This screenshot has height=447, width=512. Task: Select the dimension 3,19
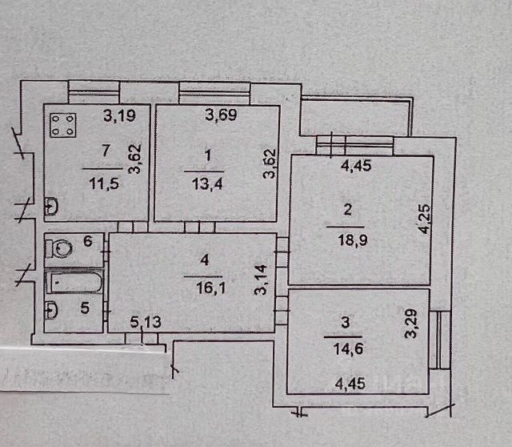pos(118,116)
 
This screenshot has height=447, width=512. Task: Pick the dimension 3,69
pos(221,116)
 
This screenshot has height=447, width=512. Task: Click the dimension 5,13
pos(145,322)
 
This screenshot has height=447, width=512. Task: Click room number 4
pos(205,260)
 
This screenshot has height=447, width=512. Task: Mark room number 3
pos(345,324)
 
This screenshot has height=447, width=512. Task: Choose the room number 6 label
pos(88,240)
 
